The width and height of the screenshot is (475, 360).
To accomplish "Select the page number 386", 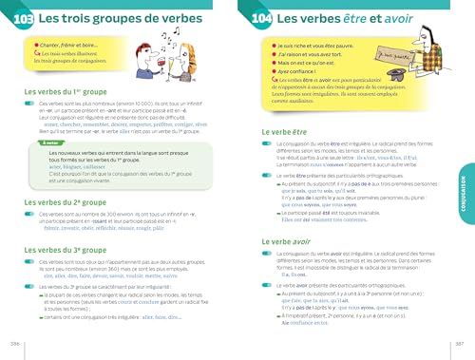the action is (14, 342).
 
